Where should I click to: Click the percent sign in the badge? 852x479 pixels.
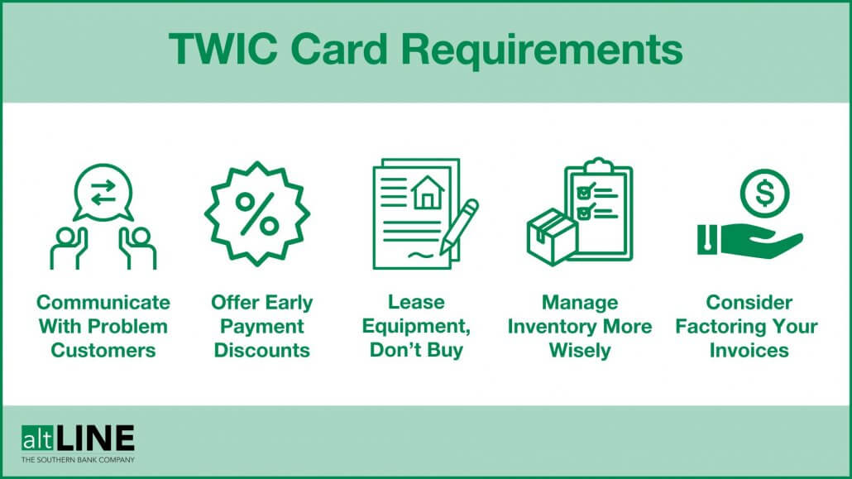coord(257,214)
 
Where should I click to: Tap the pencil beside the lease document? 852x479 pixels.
coord(458,226)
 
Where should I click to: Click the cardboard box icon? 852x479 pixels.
coord(551,236)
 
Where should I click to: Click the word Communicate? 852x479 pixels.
coord(103,302)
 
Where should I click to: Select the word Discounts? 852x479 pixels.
coord(262,350)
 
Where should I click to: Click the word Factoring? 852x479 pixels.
coord(720,326)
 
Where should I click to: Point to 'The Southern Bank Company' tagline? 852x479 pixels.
coord(79,460)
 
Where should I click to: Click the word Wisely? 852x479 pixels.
coord(580,350)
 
